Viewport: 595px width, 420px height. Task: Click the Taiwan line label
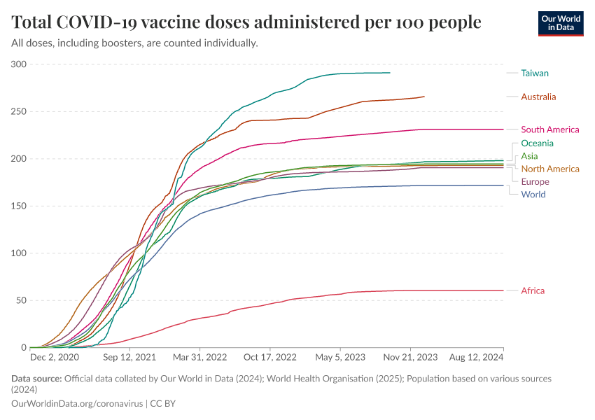coord(535,73)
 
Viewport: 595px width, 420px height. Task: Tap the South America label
coord(549,129)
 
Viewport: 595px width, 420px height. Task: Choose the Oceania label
coord(537,143)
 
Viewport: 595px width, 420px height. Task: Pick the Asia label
coord(529,156)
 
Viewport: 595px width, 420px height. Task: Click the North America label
coord(549,169)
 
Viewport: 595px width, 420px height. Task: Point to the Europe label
coord(535,182)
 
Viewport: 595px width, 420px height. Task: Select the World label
coord(533,195)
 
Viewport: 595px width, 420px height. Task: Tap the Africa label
coord(533,290)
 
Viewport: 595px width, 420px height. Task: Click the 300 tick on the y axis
coord(19,64)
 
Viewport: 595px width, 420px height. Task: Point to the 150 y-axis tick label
coord(19,206)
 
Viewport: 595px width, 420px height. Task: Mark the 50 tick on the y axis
coord(21,300)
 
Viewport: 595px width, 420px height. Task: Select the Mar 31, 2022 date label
coord(200,357)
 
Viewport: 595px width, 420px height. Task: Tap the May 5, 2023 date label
coord(339,357)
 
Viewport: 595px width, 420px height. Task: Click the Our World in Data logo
coord(560,22)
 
